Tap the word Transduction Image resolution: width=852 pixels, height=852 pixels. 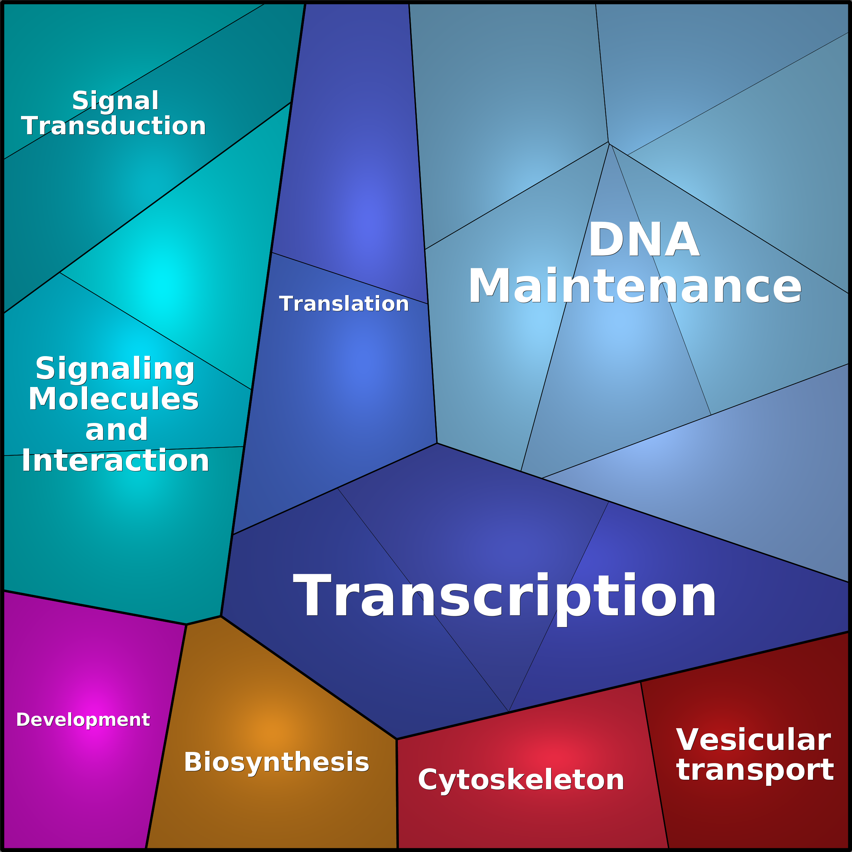point(114,126)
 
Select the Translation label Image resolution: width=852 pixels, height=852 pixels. point(344,304)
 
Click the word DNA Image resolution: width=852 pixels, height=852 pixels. point(644,239)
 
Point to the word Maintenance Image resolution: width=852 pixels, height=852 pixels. point(635,286)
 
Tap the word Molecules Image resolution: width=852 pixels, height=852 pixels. point(114,399)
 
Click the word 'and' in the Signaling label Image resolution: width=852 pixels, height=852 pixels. point(116,430)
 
